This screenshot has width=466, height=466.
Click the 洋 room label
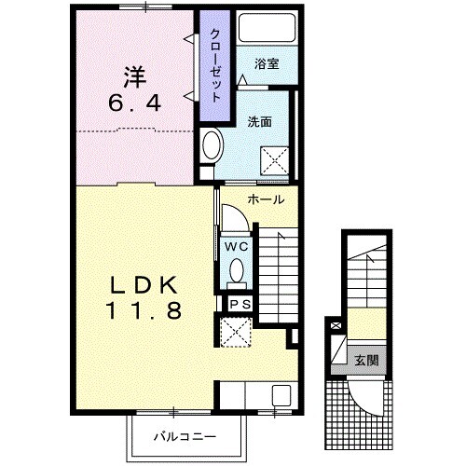tap(135, 77)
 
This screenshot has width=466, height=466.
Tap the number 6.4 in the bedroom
tap(135, 103)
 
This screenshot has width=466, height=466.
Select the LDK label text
tap(144, 285)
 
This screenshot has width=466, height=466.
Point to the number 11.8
tap(144, 310)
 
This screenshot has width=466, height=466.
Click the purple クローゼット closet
tap(215, 66)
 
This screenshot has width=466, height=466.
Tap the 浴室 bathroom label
tap(267, 64)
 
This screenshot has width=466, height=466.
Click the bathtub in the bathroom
tap(267, 27)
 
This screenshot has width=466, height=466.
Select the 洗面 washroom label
tap(259, 122)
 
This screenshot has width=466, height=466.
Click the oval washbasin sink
tap(212, 146)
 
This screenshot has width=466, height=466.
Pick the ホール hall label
tap(266, 199)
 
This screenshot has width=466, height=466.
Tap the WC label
tap(237, 247)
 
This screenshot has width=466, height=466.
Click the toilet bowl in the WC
tap(237, 269)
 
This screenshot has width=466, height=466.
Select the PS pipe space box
tap(240, 304)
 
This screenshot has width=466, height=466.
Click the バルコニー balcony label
tap(185, 437)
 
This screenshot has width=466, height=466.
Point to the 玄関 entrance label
tap(367, 360)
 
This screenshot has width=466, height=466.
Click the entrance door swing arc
tap(363, 404)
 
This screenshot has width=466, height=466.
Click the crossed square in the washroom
tap(275, 160)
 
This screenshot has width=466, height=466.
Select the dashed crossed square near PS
tap(235, 332)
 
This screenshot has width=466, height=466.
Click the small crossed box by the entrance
tap(336, 326)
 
